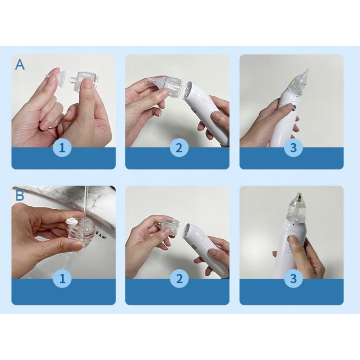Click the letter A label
tap(20, 65)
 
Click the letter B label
tap(20, 196)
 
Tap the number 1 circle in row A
tap(62, 148)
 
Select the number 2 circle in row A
tap(179, 148)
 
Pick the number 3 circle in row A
tap(294, 148)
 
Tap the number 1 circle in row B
tap(62, 279)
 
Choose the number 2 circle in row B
tap(179, 279)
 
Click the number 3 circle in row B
tap(294, 279)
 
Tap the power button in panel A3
tap(294, 107)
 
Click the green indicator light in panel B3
tap(287, 255)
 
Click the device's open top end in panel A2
tap(189, 89)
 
